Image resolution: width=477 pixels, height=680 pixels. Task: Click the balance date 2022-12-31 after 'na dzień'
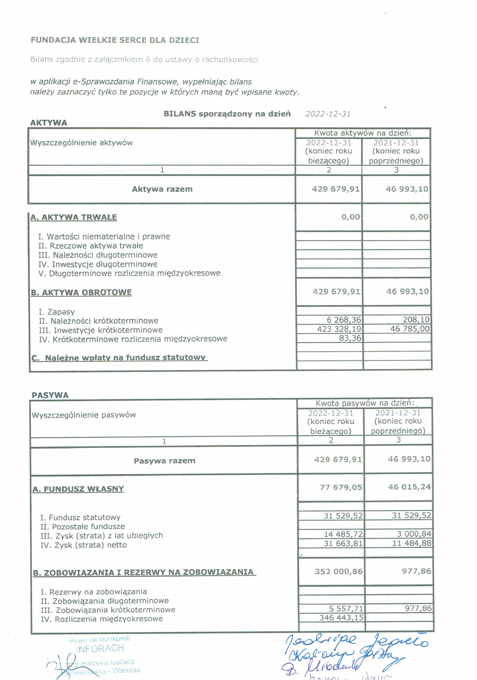point(328,114)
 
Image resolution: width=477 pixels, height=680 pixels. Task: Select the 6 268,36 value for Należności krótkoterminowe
point(344,320)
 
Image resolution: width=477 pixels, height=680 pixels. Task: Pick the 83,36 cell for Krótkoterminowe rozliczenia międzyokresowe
point(350,338)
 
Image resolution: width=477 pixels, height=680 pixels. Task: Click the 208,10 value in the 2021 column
point(416,320)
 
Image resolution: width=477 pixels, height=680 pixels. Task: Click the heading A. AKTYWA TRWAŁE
point(74,217)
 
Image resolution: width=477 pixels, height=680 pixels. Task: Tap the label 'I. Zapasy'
point(57,312)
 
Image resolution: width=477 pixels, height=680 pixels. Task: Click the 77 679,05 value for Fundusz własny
point(341,487)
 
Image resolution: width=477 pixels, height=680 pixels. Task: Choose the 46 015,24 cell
point(409,487)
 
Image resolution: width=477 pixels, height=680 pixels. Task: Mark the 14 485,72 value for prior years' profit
point(343,534)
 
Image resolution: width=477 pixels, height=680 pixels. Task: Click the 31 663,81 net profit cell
point(343,543)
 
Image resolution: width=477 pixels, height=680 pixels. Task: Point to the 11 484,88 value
point(412,543)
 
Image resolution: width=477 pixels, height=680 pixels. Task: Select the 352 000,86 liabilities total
point(339,571)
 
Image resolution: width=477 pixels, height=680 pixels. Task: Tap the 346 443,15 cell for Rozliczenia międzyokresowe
point(341,618)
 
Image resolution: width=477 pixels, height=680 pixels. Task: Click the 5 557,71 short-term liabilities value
point(346,609)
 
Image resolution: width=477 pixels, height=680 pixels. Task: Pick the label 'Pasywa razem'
point(164,461)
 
